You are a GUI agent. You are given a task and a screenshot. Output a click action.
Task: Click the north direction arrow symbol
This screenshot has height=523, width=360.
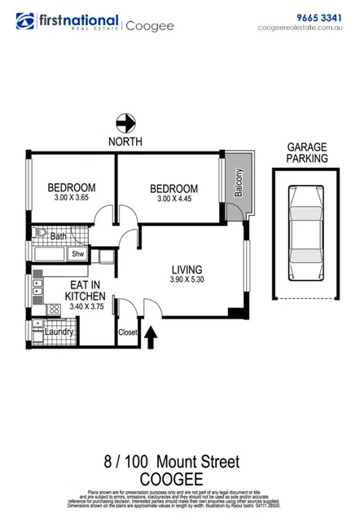pos(125,124)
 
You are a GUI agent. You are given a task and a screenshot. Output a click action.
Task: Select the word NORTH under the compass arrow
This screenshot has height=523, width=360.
pos(125,142)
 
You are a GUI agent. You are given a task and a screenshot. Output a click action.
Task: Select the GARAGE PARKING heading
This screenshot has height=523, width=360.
pos(307,153)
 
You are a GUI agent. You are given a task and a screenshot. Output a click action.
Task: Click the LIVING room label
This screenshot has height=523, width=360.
pos(187,270)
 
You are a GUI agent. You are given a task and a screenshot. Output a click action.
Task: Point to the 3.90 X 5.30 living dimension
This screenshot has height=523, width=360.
pos(187,282)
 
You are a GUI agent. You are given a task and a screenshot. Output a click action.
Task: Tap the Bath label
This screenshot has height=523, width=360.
pos(59,237)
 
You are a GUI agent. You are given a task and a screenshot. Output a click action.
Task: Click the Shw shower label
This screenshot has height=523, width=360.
pos(78,254)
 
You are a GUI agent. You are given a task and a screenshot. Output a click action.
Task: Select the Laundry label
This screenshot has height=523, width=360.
pos(59,332)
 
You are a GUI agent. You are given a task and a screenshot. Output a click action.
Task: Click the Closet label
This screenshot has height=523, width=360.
pos(128,332)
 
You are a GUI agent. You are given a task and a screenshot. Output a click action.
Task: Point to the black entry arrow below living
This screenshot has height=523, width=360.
pos(151,336)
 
